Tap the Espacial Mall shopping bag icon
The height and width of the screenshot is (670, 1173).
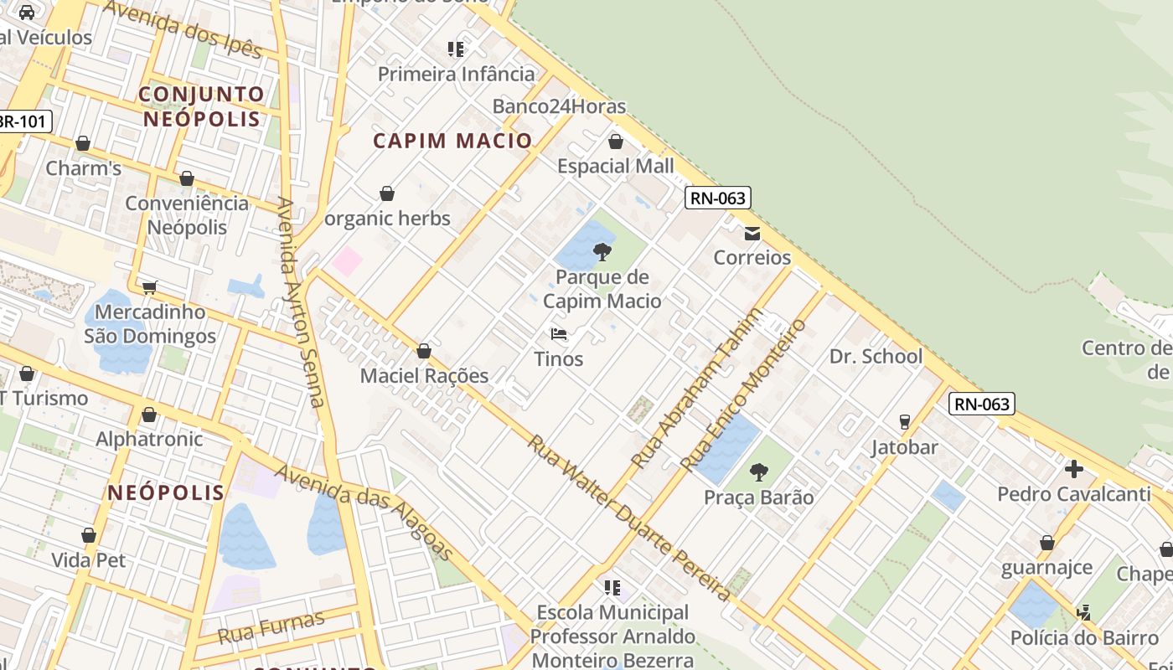click(616, 142)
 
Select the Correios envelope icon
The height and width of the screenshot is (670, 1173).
click(752, 233)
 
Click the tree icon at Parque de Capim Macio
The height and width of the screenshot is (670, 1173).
click(602, 251)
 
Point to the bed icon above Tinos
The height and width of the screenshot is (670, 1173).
click(559, 334)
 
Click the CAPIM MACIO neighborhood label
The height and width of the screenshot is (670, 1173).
click(452, 141)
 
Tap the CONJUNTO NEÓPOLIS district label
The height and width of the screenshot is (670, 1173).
click(201, 106)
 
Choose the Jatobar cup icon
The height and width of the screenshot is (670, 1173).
click(904, 421)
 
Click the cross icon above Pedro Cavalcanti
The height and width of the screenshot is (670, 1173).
click(1074, 468)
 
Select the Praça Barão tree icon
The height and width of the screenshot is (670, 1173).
click(758, 472)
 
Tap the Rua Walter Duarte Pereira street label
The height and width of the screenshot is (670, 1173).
click(628, 517)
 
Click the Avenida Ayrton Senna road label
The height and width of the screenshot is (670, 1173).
click(301, 301)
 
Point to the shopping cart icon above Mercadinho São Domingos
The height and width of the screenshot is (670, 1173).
click(150, 288)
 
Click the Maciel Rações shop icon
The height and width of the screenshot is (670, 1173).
click(424, 351)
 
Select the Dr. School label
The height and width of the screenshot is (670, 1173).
click(876, 356)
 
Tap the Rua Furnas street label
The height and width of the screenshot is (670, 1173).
click(271, 627)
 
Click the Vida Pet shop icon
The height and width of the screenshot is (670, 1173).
click(89, 535)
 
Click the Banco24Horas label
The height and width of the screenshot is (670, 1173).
click(559, 106)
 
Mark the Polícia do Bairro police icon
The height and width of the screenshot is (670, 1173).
click(1083, 613)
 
